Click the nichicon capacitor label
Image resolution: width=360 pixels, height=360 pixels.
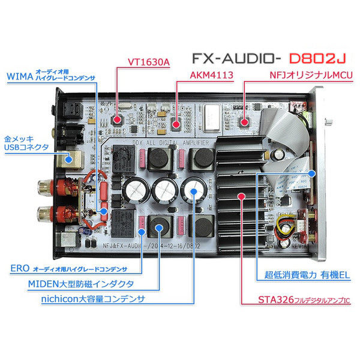(x=96, y=298)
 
